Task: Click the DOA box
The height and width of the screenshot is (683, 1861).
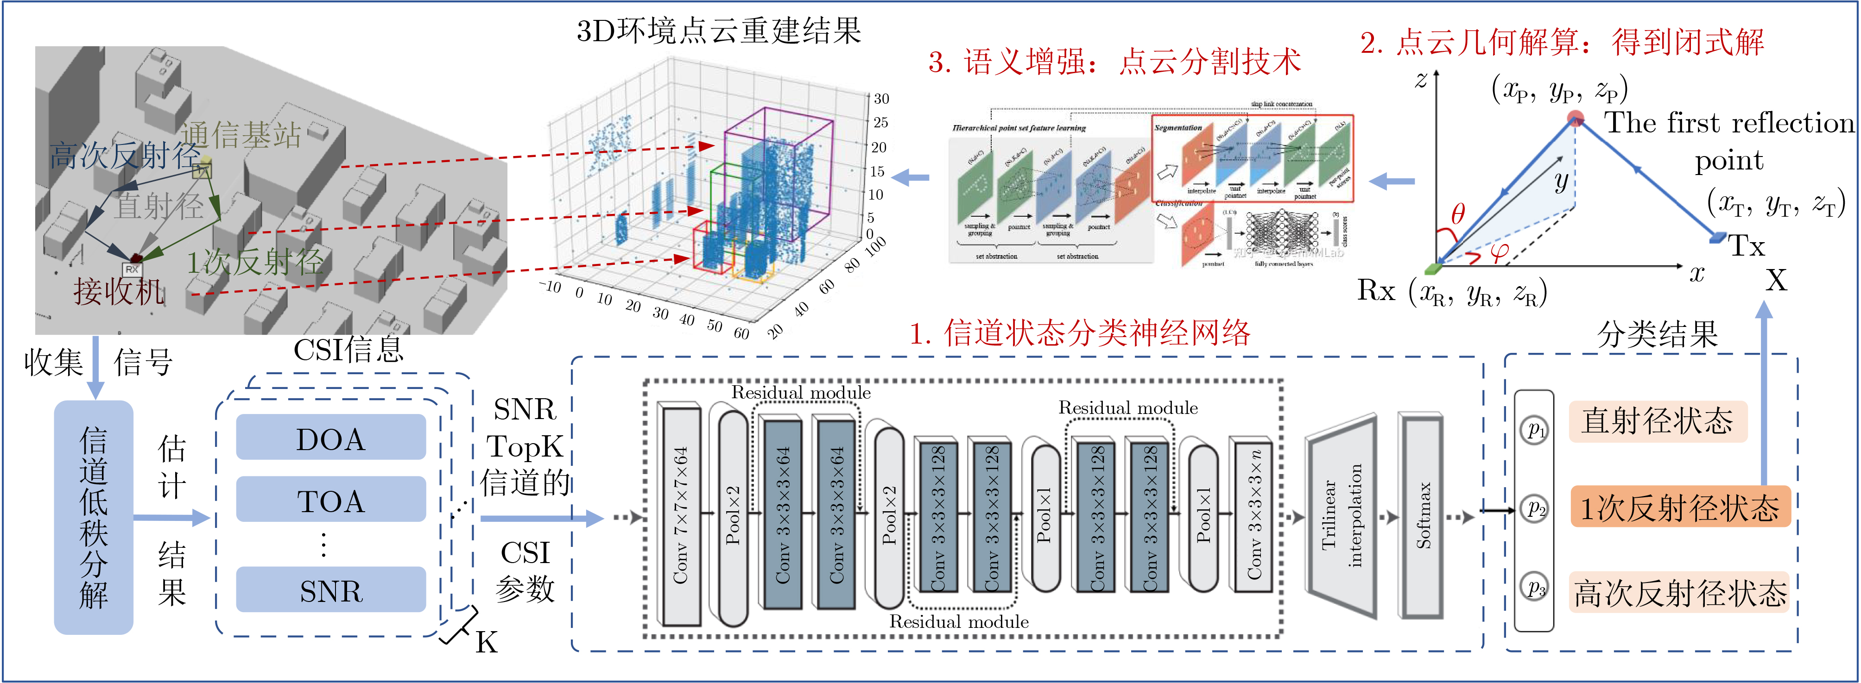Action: (x=331, y=438)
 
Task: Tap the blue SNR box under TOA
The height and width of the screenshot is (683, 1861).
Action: (x=331, y=590)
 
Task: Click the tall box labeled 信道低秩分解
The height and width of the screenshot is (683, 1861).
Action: (x=94, y=517)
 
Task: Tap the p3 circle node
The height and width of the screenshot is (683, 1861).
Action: (x=1534, y=587)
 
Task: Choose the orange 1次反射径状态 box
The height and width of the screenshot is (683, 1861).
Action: (x=1680, y=508)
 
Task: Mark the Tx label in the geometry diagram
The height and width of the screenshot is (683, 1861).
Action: (x=1746, y=246)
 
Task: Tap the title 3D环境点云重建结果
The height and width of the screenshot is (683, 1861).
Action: (x=719, y=31)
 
